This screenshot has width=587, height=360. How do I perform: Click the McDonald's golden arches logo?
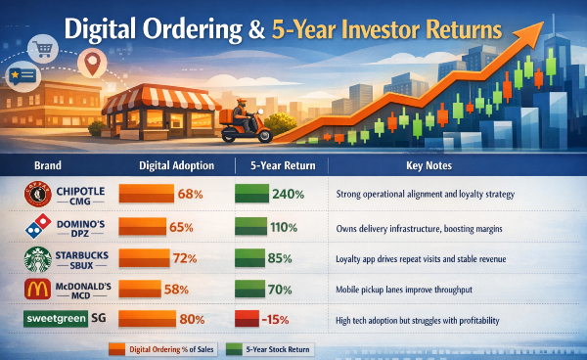coord(34,291)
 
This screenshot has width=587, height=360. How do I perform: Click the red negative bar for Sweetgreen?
coord(248,319)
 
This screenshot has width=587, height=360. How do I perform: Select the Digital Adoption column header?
coord(170,165)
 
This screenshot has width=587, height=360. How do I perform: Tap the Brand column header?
coord(48,165)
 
